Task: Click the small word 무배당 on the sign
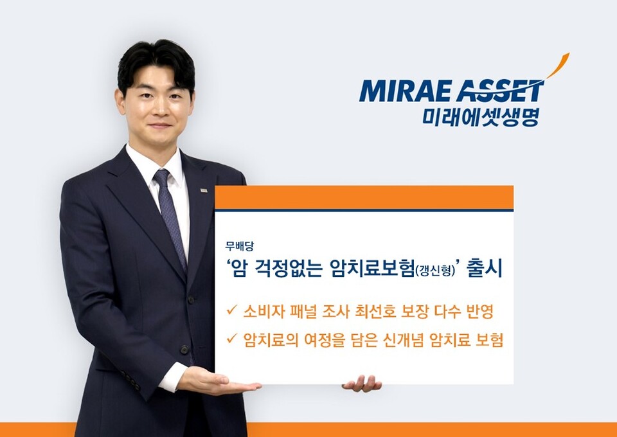click(x=235, y=245)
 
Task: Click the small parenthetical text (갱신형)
click(x=434, y=271)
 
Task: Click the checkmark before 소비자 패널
click(x=231, y=311)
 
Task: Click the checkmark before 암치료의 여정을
click(x=231, y=339)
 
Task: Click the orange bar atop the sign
click(x=364, y=197)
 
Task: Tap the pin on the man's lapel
click(x=204, y=190)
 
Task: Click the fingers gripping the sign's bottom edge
click(x=362, y=384)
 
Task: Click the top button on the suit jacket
click(x=191, y=300)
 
